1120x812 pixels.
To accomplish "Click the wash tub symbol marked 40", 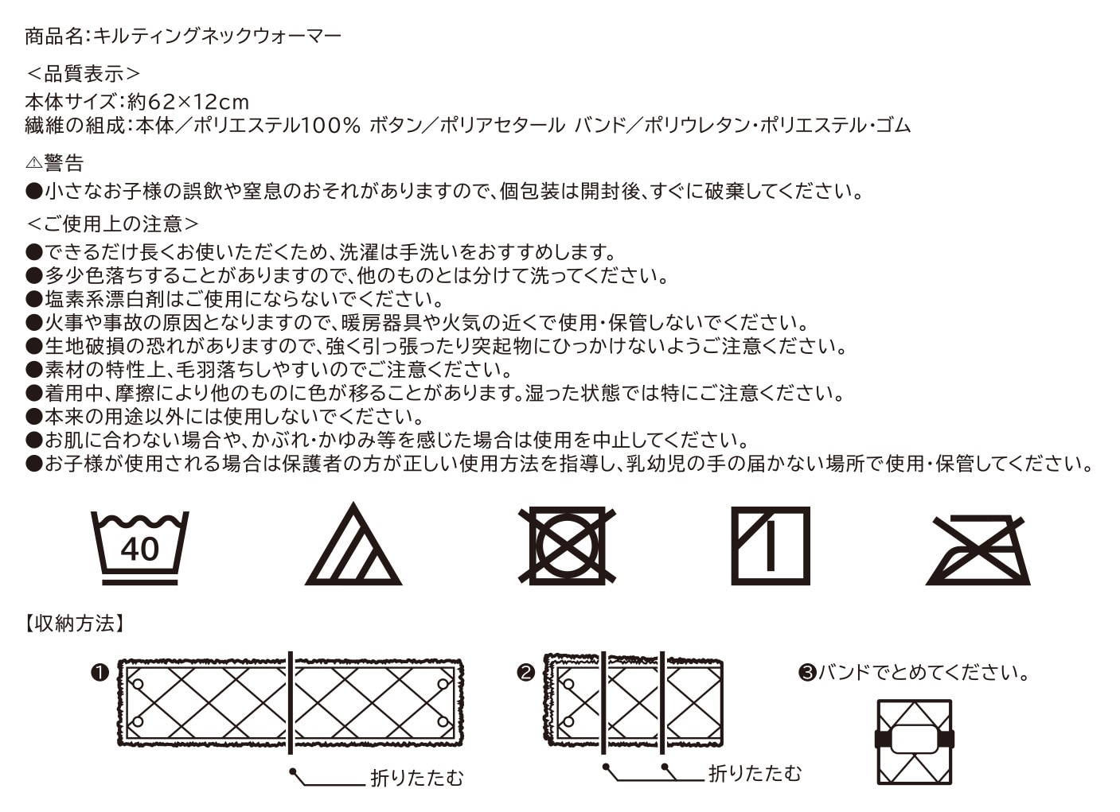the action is pyautogui.click(x=140, y=548).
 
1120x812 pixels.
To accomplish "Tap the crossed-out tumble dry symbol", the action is pyautogui.click(x=567, y=546).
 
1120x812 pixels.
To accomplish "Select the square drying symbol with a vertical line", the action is pyautogui.click(x=771, y=546).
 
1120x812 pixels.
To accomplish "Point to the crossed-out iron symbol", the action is pyautogui.click(x=978, y=550).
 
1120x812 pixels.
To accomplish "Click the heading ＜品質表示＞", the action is pyautogui.click(x=83, y=74).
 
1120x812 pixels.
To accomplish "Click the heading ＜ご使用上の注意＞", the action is pyautogui.click(x=112, y=223).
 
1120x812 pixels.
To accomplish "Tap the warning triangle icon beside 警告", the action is pyautogui.click(x=33, y=162).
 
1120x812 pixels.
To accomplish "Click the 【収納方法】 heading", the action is pyautogui.click(x=75, y=623).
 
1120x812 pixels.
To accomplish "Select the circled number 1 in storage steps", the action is pyautogui.click(x=100, y=673).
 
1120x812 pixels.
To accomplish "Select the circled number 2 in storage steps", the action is pyautogui.click(x=525, y=673).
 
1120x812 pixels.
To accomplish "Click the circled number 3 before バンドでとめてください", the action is pyautogui.click(x=807, y=673).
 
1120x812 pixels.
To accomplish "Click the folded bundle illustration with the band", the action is pyautogui.click(x=915, y=741).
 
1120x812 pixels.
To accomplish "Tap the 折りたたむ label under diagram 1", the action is pyautogui.click(x=417, y=778).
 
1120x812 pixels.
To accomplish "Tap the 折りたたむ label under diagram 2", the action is pyautogui.click(x=755, y=774).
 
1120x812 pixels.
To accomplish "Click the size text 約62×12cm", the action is pyautogui.click(x=188, y=102).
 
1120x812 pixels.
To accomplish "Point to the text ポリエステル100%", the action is pyautogui.click(x=277, y=126).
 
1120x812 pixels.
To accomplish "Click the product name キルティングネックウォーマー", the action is pyautogui.click(x=217, y=36).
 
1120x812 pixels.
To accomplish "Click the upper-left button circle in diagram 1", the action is pyautogui.click(x=138, y=685).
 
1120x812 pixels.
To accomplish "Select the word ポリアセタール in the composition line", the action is pyautogui.click(x=502, y=126).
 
